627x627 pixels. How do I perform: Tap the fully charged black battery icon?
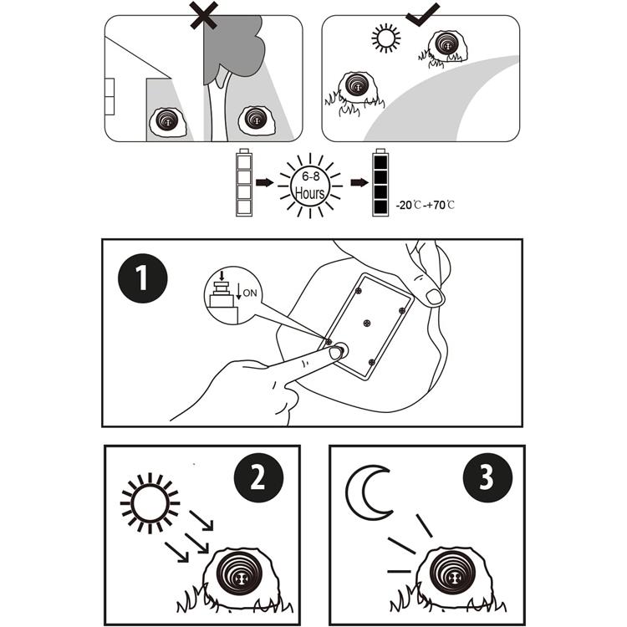point(380,183)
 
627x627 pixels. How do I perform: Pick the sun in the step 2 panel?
point(150,503)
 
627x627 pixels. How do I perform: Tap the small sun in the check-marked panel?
point(385,38)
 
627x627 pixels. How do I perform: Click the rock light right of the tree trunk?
point(257,121)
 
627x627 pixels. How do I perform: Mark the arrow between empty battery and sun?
point(265,181)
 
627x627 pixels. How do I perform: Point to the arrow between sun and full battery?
point(357,181)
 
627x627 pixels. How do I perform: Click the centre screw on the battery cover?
point(367,321)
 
